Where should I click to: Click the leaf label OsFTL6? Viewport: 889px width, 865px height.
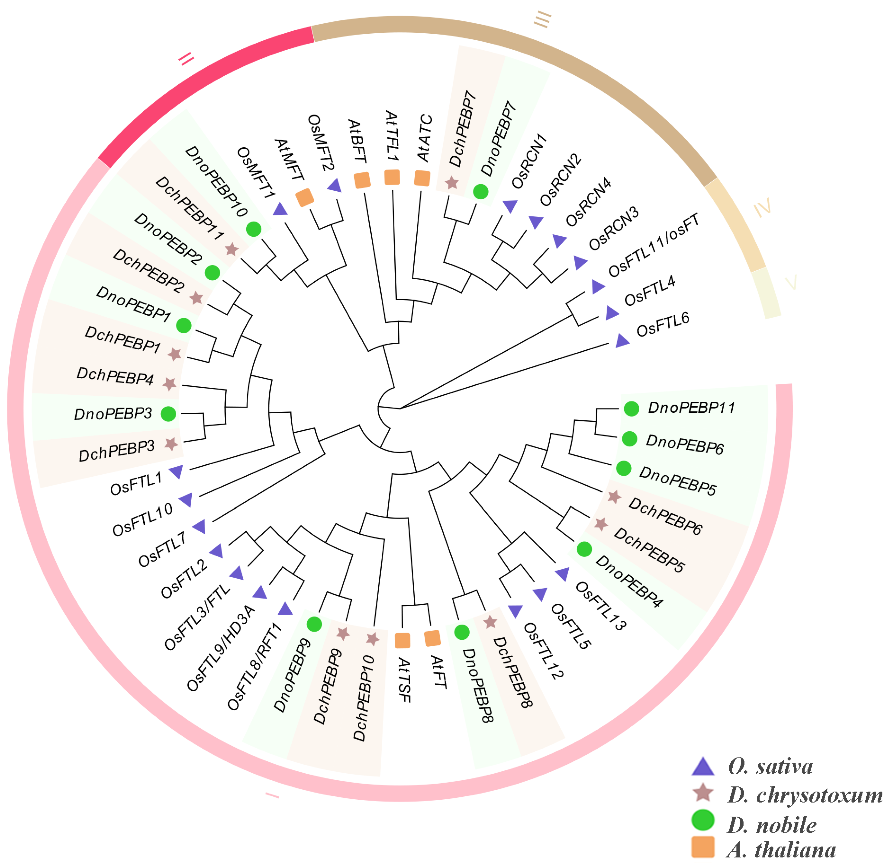coord(663,324)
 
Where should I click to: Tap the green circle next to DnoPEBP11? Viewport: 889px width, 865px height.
coord(631,409)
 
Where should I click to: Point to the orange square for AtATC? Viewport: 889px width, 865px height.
coord(422,178)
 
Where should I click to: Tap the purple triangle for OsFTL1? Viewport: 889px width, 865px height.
coord(176,472)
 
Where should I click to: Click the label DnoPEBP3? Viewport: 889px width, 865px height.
coord(113,414)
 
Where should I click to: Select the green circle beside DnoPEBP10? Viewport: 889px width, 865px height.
coord(254,229)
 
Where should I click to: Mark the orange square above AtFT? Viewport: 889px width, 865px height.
coord(432,638)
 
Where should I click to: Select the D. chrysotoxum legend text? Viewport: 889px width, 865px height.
coord(805,795)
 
